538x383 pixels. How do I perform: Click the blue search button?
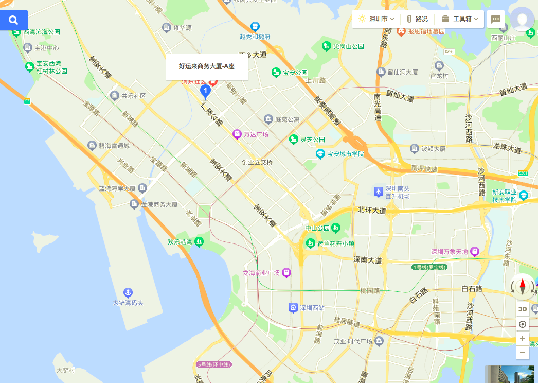click(14, 20)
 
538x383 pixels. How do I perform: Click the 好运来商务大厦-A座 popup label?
click(206, 66)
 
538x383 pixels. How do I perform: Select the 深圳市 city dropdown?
click(376, 19)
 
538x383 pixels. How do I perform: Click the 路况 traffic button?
click(417, 19)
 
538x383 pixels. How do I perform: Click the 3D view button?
click(522, 309)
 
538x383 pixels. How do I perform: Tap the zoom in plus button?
click(522, 339)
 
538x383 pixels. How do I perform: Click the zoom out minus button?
click(522, 353)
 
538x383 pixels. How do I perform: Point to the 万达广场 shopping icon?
click(237, 134)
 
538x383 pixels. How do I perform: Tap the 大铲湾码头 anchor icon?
click(128, 293)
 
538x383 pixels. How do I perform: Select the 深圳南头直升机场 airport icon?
click(379, 191)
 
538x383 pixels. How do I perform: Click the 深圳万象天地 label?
click(449, 252)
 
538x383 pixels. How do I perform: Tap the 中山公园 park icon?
click(336, 228)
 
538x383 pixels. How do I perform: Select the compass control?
click(523, 286)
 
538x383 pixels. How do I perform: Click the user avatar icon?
click(523, 19)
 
